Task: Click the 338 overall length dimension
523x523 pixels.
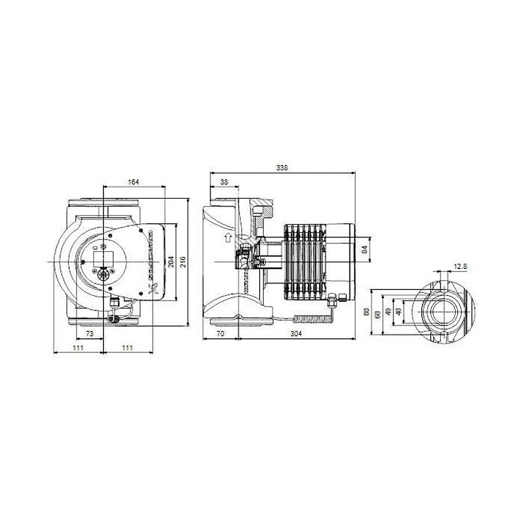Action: click(282, 167)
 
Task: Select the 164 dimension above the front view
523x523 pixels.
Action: click(133, 182)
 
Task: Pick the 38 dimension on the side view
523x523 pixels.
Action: click(224, 182)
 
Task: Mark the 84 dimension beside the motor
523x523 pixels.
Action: click(365, 250)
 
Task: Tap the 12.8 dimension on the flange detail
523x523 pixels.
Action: click(460, 267)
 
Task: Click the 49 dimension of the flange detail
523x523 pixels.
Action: click(388, 313)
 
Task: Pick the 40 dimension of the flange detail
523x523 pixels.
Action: click(398, 311)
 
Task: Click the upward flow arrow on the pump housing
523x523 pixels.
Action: click(228, 238)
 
